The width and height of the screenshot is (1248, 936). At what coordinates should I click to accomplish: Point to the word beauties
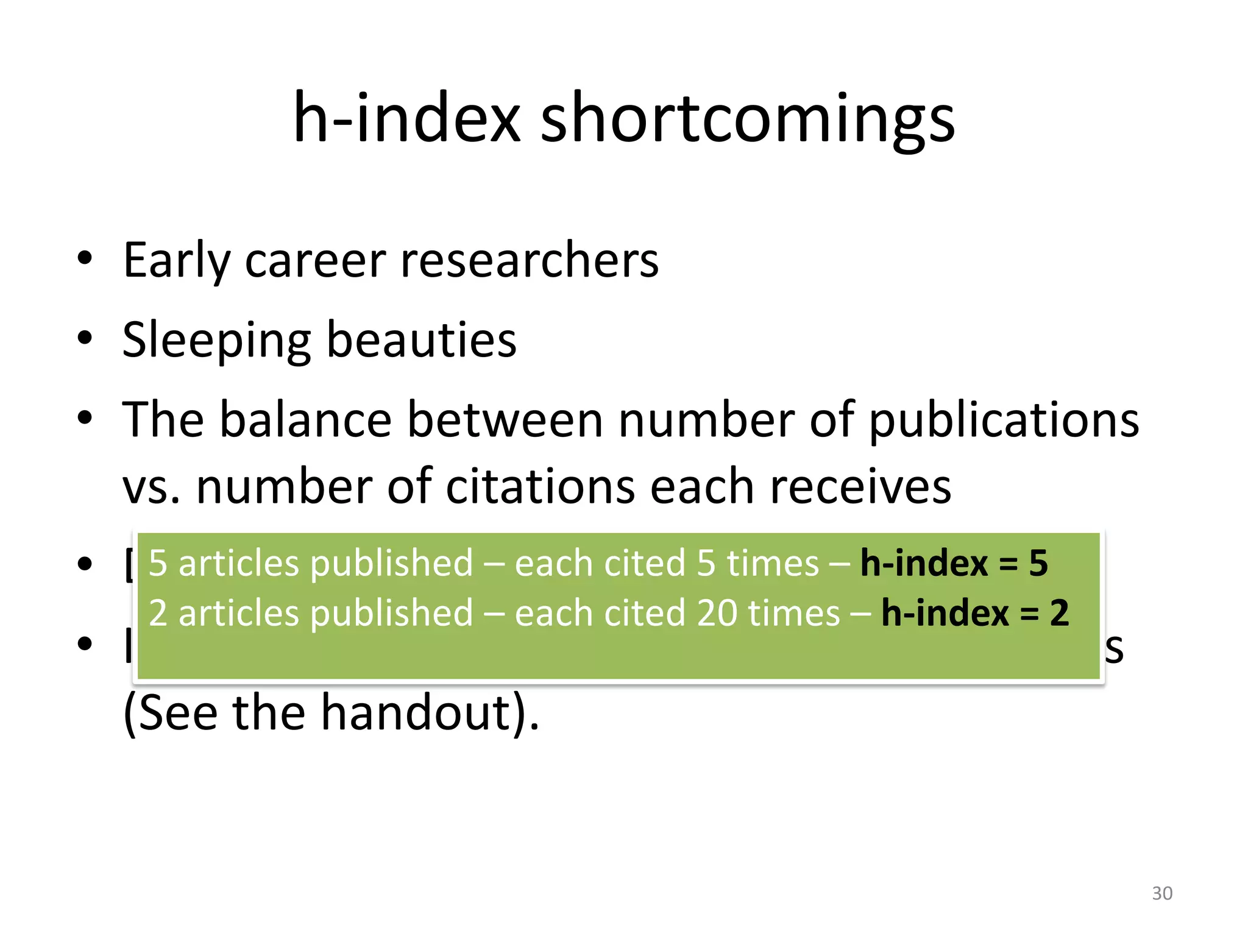pyautogui.click(x=422, y=340)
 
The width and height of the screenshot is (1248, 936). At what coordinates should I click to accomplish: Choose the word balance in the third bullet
pyautogui.click(x=305, y=420)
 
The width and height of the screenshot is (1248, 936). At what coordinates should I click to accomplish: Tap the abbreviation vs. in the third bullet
pyautogui.click(x=151, y=487)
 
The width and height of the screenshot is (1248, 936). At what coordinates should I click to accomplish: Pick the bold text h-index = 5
pyautogui.click(x=954, y=562)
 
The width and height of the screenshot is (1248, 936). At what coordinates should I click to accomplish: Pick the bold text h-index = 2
pyautogui.click(x=975, y=613)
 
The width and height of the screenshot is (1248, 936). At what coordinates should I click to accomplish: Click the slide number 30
pyautogui.click(x=1162, y=893)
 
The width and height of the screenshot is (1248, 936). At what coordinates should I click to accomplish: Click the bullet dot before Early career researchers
pyautogui.click(x=85, y=258)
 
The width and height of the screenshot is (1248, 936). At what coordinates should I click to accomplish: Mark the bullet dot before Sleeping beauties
pyautogui.click(x=85, y=338)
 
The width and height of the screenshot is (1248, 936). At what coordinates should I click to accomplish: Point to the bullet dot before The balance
pyautogui.click(x=85, y=418)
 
